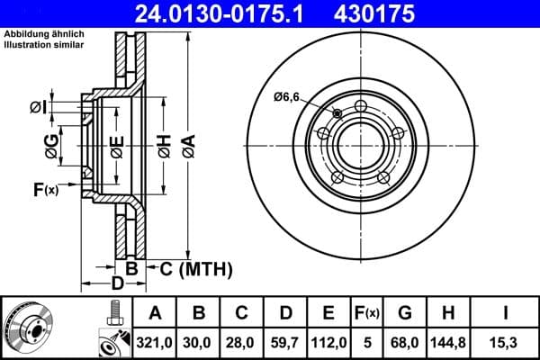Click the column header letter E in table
(328, 313)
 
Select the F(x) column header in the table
(367, 313)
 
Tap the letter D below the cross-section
(117, 285)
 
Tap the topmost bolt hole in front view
(361, 107)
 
